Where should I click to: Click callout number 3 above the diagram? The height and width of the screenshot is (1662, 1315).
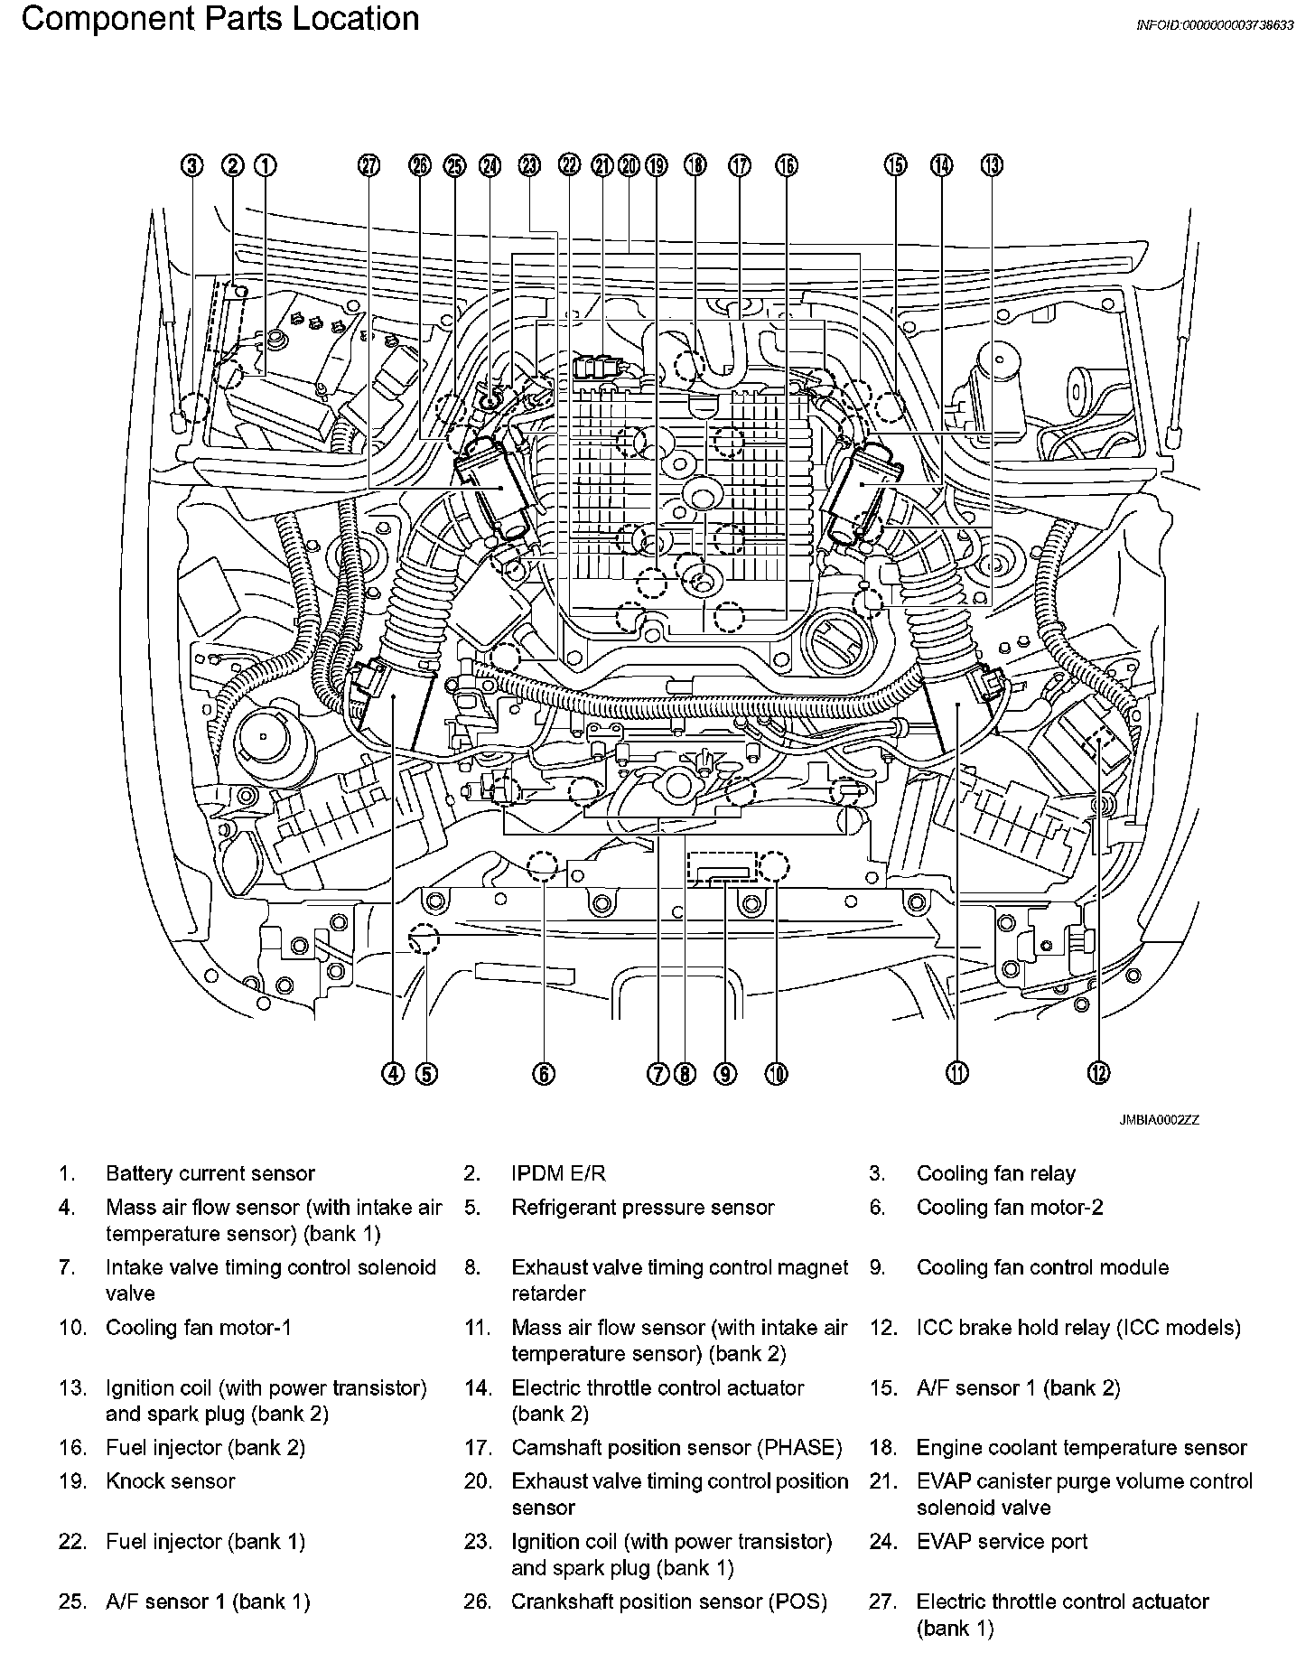coord(191,165)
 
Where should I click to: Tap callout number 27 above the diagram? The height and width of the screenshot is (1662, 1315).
coord(368,165)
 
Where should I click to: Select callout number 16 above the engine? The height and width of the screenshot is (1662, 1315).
coord(787,165)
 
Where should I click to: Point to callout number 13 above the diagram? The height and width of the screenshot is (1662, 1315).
coord(992,165)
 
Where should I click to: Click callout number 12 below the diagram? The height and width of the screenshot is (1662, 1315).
coord(1097,1073)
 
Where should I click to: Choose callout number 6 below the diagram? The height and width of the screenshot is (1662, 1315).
coord(543,1073)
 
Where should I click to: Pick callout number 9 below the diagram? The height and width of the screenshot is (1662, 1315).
coord(725,1073)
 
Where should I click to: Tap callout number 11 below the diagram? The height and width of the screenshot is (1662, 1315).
coord(956,1073)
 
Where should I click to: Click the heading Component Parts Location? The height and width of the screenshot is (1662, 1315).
coord(220,19)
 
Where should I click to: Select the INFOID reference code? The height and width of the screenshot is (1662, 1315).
coord(1214,25)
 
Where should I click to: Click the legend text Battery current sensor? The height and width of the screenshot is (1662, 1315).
coord(210,1173)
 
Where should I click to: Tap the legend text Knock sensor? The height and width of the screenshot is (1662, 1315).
coord(170,1481)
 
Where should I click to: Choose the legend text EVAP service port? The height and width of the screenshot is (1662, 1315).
coord(1002,1542)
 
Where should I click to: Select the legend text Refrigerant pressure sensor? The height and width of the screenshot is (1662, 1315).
coord(642,1208)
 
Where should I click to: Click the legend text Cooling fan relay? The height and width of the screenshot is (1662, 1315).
coord(995,1173)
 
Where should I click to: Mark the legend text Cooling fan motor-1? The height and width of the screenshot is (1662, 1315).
coord(199,1328)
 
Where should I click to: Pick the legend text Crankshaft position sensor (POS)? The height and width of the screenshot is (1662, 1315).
coord(668,1601)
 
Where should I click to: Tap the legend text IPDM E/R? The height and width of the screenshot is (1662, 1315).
coord(558,1173)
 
